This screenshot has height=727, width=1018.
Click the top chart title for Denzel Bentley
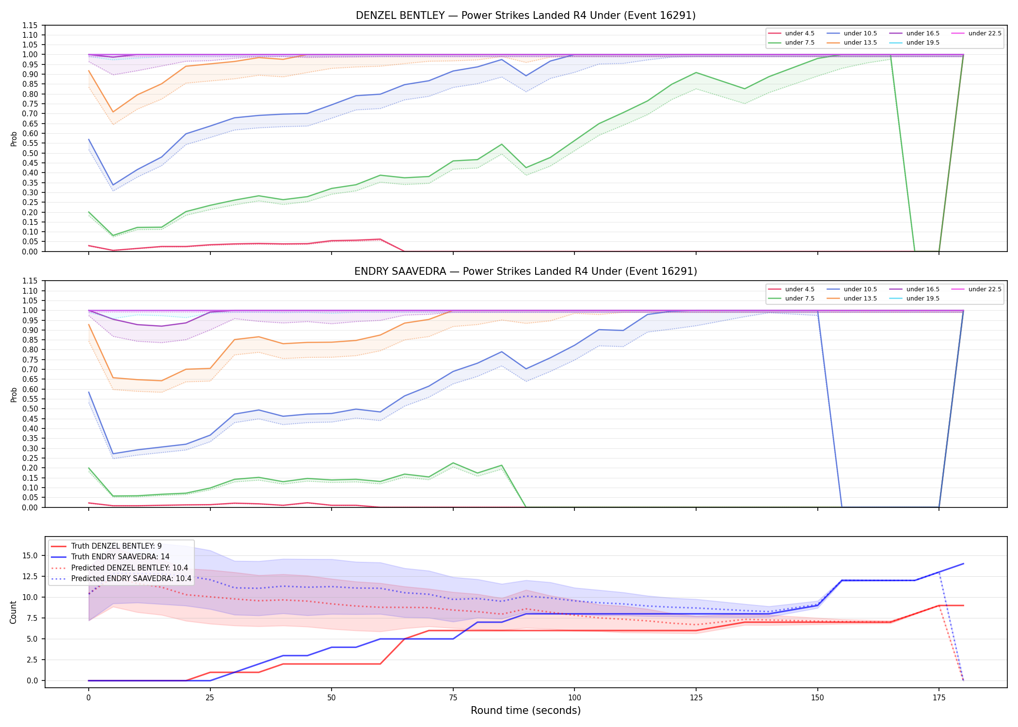[525, 16]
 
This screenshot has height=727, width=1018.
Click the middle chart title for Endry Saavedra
[525, 271]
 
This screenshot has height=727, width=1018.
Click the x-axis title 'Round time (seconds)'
[525, 711]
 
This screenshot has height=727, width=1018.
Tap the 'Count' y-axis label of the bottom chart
[13, 612]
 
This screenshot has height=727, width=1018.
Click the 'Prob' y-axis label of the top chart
[14, 139]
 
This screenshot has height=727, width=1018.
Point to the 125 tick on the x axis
[696, 698]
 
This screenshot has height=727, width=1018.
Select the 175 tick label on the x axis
[939, 698]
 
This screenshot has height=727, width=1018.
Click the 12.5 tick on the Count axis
[32, 576]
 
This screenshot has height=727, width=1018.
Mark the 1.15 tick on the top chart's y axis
[30, 25]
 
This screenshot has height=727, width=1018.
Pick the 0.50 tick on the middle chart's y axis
[30, 409]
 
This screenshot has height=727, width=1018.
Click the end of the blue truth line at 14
[963, 564]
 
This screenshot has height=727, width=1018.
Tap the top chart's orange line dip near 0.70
[113, 112]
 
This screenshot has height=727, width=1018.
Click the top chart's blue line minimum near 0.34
[113, 185]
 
